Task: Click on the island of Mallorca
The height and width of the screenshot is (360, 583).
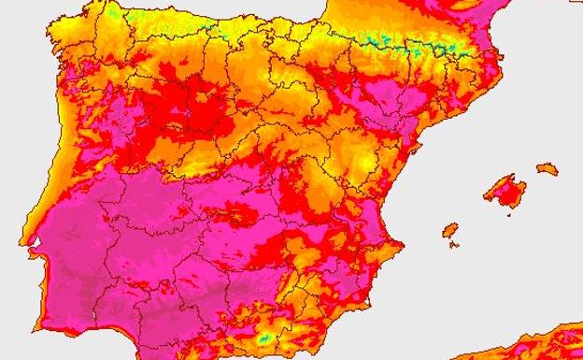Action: click(505, 191)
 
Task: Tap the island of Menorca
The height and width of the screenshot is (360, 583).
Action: click(547, 169)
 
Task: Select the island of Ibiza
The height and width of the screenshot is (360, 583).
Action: click(450, 229)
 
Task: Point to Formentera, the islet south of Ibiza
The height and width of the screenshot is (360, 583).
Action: click(453, 245)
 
